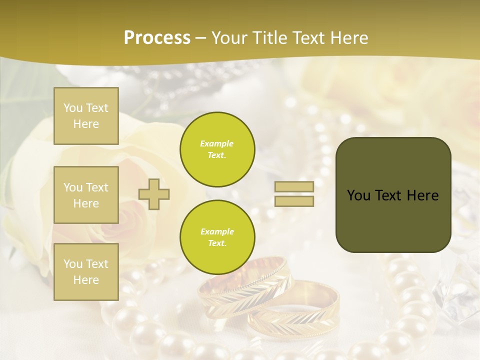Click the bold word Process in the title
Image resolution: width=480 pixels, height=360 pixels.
coord(157,38)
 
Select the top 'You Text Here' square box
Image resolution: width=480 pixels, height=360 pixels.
coord(86,116)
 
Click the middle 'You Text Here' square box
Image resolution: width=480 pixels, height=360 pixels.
coord(86,195)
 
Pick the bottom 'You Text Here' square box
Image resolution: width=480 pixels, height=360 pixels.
coord(86,272)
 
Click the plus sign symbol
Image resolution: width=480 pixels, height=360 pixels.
coord(154,194)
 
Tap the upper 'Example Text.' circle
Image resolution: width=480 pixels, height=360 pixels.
coord(217,149)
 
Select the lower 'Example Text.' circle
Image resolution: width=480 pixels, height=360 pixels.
coord(217,237)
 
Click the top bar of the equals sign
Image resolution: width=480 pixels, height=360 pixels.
coord(294,187)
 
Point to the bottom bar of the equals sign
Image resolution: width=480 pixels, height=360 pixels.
coord(294,201)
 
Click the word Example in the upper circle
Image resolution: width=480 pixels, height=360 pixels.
coord(217,144)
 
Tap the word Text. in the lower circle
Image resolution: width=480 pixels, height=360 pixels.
coord(217,243)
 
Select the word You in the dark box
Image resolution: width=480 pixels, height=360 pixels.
coord(358,195)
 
